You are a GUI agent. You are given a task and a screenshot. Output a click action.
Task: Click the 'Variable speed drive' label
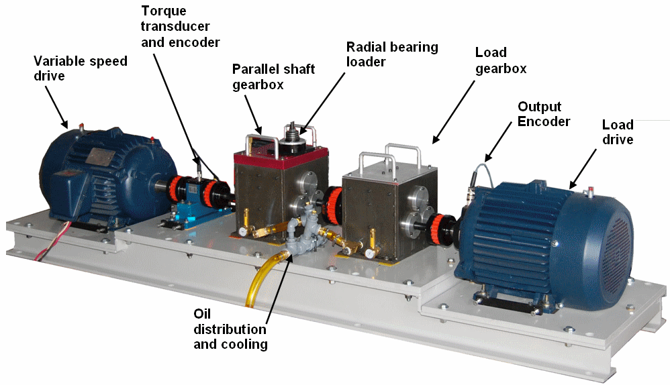tap(81, 68)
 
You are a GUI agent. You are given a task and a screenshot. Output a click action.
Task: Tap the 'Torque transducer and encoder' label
tap(180, 26)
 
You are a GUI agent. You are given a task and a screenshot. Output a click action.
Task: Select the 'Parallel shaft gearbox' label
tap(273, 77)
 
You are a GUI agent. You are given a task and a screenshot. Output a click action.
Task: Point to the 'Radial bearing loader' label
tap(392, 54)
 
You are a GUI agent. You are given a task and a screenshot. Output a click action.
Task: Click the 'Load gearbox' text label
tap(501, 60)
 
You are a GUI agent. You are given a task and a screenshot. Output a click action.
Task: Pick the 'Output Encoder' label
tap(544, 114)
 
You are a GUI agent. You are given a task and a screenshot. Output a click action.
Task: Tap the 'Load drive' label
tap(618, 132)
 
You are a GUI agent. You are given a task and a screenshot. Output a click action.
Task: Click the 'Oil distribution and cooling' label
tap(230, 329)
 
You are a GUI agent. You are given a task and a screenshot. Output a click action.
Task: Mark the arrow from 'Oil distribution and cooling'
tap(279, 284)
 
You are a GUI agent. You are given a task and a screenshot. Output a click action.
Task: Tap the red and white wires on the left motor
tap(51, 241)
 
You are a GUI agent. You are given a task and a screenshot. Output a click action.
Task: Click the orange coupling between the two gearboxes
tap(333, 205)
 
